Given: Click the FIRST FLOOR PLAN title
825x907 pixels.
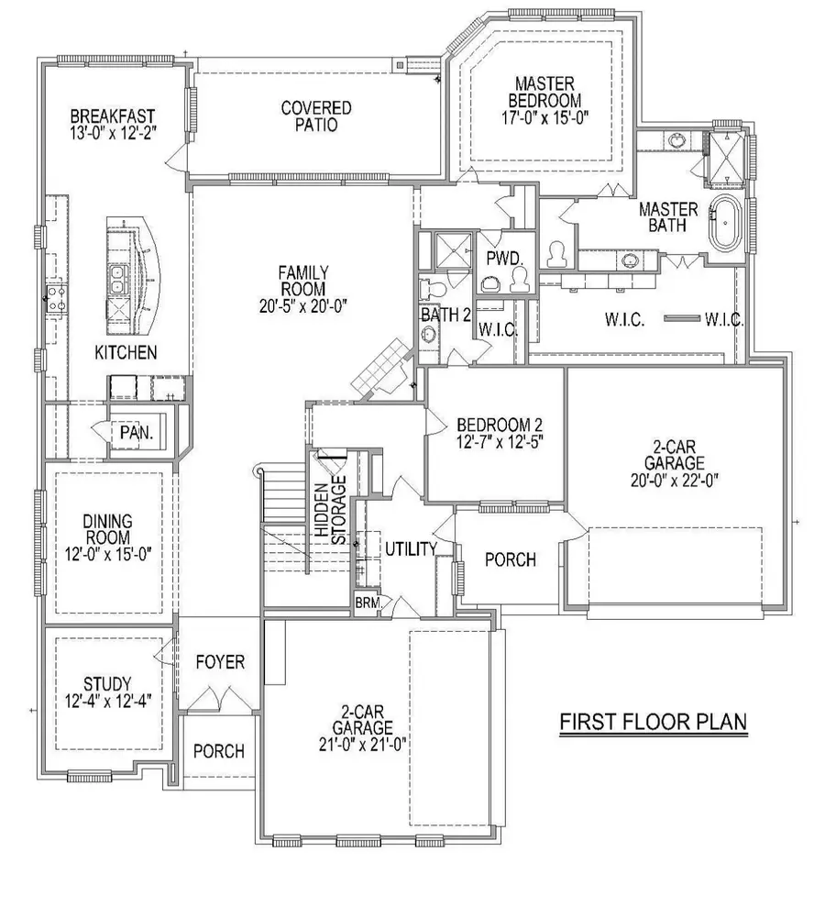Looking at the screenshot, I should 653,722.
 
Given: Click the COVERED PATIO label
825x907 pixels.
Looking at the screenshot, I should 316,116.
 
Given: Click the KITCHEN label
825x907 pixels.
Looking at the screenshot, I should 126,352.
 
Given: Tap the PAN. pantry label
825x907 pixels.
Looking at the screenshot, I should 135,431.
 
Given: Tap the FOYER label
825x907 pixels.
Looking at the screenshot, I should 220,662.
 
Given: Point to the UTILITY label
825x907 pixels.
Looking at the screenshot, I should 409,548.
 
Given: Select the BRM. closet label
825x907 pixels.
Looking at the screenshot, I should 367,603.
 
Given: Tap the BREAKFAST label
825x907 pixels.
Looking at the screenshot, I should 112,116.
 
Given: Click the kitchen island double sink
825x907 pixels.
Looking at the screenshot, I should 117,278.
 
